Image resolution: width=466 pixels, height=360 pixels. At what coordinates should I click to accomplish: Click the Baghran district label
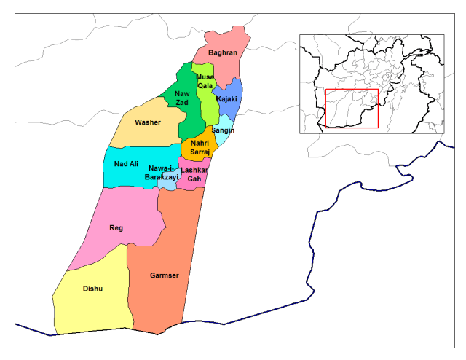(x=223, y=52)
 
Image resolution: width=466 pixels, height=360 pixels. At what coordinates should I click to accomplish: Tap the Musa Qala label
(x=205, y=81)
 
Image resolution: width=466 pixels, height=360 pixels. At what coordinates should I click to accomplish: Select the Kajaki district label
(x=227, y=99)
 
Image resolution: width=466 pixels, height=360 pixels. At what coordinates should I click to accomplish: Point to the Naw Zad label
(x=182, y=98)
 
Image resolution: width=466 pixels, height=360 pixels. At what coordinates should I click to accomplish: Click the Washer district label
(x=147, y=122)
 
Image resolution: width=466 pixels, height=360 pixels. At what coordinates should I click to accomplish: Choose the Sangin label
(x=223, y=130)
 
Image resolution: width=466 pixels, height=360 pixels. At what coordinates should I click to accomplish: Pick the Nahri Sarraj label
(x=200, y=148)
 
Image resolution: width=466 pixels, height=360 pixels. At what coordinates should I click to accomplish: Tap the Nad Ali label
(x=126, y=164)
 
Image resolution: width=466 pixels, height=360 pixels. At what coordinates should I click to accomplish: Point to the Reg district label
(x=116, y=228)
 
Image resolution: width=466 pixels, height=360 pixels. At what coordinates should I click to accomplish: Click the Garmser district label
(x=165, y=275)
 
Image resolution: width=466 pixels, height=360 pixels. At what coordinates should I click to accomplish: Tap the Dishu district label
(x=92, y=289)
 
